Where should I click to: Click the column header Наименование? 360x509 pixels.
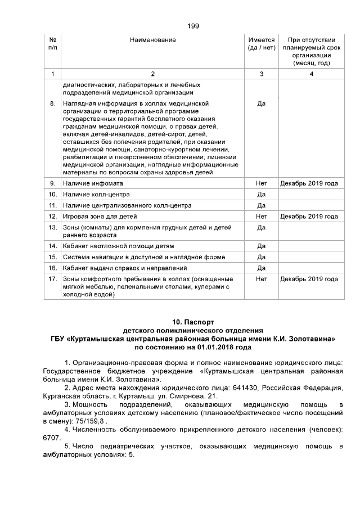point(152,40)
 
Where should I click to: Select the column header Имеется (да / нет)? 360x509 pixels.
point(261,44)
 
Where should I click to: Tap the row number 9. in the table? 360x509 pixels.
point(52,183)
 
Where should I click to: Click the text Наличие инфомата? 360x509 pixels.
point(93,183)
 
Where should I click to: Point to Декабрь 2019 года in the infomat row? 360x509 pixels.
point(309,183)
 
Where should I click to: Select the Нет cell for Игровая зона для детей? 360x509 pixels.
point(261,217)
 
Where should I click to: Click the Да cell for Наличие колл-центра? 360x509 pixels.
point(261,195)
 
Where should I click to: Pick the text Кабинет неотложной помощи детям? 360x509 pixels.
point(118,246)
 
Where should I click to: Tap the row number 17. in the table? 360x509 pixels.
point(52,279)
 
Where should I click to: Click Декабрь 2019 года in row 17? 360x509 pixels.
point(309,279)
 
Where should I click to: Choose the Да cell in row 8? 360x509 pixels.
point(261,104)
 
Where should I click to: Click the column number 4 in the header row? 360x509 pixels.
point(311,74)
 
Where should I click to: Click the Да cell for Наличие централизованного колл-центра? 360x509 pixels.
point(261,205)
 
